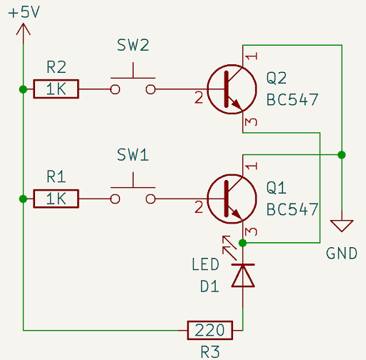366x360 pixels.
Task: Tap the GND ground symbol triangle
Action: coord(342,226)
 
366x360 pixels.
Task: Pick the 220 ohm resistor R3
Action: coord(210,330)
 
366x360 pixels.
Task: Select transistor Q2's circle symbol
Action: coord(229,90)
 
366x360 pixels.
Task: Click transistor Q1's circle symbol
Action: coord(229,199)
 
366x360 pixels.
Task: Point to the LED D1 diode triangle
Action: coord(243,276)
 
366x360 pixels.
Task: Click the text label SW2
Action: coord(133,46)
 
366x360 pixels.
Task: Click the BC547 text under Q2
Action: coord(292,99)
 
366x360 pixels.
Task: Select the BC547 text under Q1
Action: coord(292,209)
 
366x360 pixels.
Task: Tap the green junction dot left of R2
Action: coord(24,90)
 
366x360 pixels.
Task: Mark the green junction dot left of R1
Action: coord(24,199)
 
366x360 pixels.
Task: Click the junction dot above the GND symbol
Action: coord(342,154)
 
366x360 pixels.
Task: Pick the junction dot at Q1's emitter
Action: coord(243,243)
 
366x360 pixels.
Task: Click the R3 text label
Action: coord(210,351)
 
